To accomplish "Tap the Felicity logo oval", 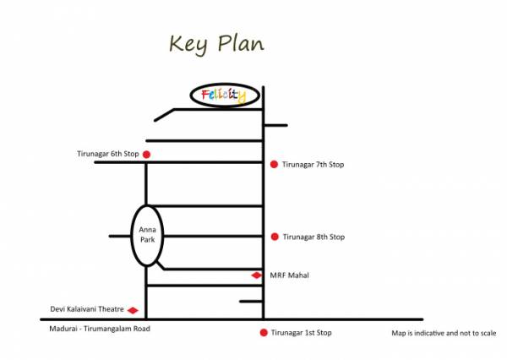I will (x=224, y=95).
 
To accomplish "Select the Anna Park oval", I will (x=147, y=234).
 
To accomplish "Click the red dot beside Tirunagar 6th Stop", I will (x=146, y=154).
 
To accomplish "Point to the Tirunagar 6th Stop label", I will (x=106, y=154).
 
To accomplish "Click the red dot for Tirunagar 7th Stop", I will (x=274, y=164).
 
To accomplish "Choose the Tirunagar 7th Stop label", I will (x=313, y=164).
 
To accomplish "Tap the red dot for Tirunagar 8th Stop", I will (x=274, y=237).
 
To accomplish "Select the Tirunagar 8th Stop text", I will (x=313, y=237).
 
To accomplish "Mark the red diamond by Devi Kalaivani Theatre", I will (x=133, y=310).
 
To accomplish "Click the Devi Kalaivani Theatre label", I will (x=88, y=310).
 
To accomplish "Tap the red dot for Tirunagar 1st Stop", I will (x=264, y=333).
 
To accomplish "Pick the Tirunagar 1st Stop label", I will (x=302, y=333).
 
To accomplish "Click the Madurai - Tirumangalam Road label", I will (x=99, y=329).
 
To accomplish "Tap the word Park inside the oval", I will (x=147, y=241).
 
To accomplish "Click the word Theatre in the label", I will (x=110, y=310).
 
